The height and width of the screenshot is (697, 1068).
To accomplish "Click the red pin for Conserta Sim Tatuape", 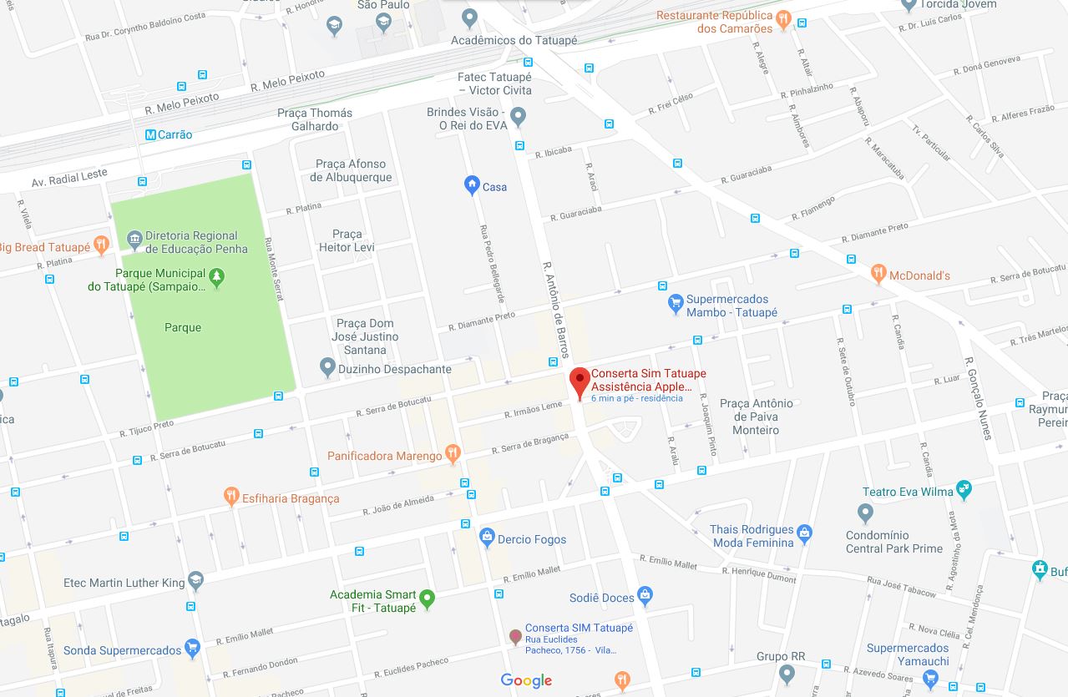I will coord(580,382).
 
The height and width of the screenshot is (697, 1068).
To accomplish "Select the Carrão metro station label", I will coord(169,134).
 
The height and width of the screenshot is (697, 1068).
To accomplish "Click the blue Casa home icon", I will coord(472,185).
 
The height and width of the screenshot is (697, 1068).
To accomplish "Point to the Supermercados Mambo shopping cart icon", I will coord(676,305).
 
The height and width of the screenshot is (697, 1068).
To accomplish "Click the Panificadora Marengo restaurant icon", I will coord(453,454).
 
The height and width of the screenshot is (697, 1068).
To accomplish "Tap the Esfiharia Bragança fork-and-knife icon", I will coord(232,497).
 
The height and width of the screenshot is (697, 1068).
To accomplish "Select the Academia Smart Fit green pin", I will coord(428,599).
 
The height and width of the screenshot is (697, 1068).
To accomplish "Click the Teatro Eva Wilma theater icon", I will coord(964,489).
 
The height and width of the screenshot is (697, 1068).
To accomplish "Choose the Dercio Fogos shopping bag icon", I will coord(487,538).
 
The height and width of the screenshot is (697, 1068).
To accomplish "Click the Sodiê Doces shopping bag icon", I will coord(645,596).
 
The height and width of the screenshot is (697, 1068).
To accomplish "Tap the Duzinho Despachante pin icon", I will coord(327,366).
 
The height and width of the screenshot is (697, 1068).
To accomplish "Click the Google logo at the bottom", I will coord(526,680).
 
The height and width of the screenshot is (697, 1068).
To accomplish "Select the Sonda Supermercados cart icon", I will coord(193,649).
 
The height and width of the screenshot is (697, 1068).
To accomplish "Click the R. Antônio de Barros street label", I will coord(556,310).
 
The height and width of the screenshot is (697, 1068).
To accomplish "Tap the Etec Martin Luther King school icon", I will coord(195,581).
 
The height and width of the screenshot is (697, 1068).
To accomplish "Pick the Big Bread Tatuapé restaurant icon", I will coord(101,245).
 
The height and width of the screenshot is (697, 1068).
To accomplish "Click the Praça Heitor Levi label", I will coord(347,240).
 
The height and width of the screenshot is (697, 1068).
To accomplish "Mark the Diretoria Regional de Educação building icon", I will coord(134,240).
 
